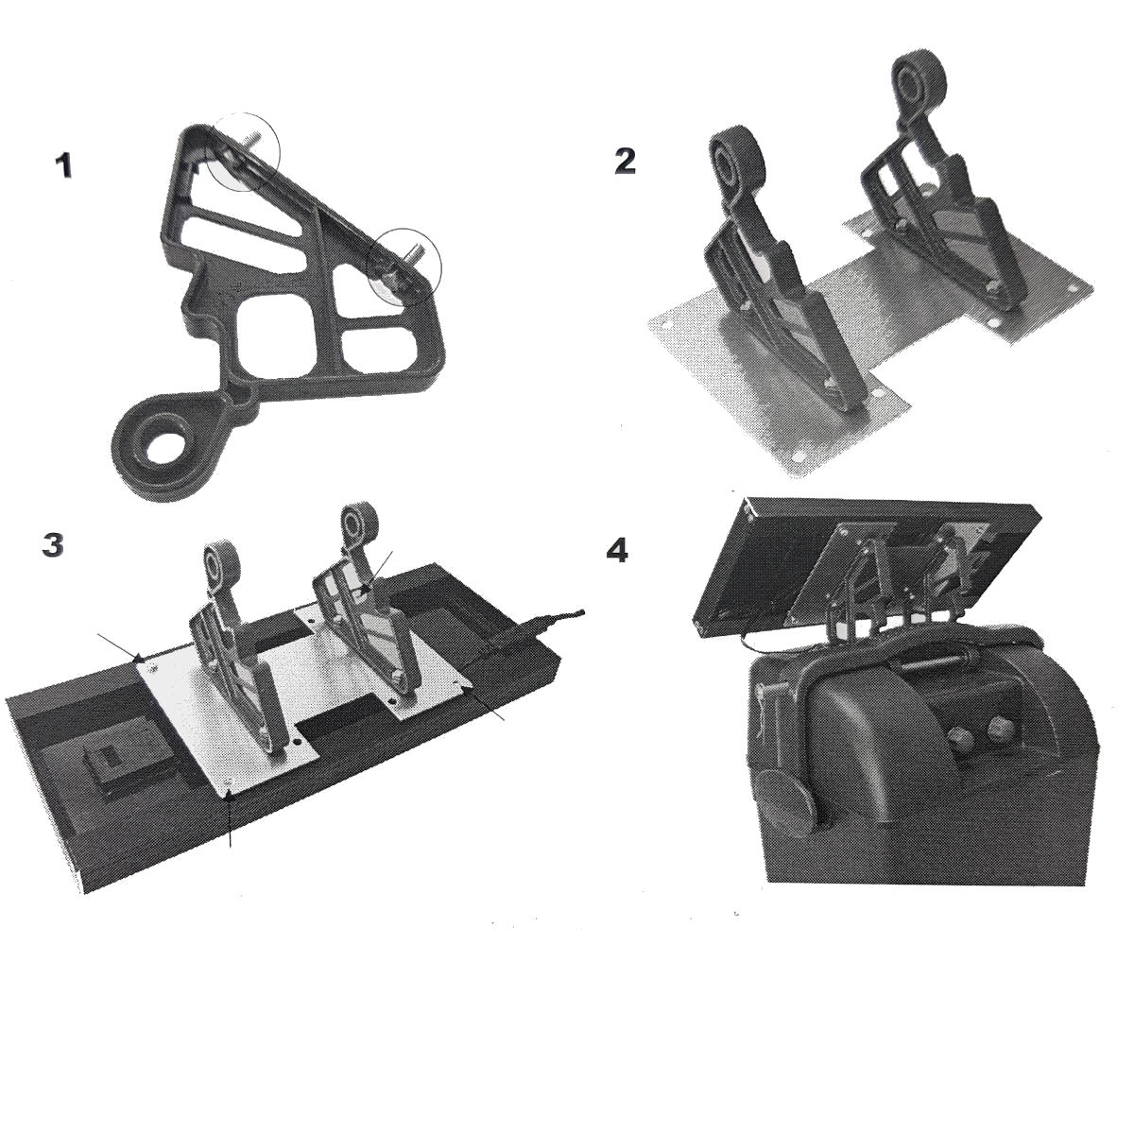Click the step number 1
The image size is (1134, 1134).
(x=63, y=165)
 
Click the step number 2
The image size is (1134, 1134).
(x=625, y=161)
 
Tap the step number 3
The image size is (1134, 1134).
(x=53, y=545)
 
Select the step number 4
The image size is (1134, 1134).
(x=617, y=550)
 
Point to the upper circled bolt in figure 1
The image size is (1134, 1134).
(x=243, y=151)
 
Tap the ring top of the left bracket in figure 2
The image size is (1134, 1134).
(x=736, y=163)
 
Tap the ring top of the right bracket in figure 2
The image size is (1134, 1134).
(x=919, y=82)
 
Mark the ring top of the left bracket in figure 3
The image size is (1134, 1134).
(x=221, y=561)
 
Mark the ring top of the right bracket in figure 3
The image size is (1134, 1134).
(x=359, y=522)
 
